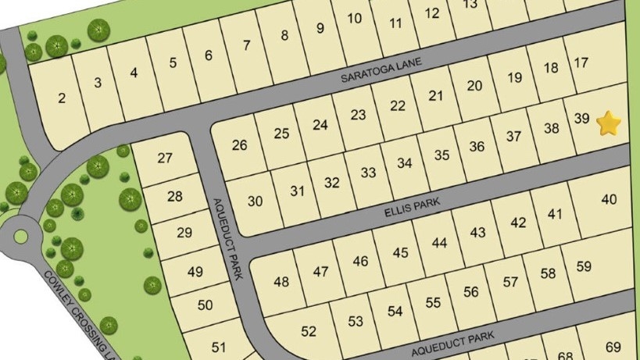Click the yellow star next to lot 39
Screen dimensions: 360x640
pos(609,123)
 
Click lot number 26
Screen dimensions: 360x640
pos(239,144)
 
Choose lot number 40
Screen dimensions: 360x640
pos(609,199)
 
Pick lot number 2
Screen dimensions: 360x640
pos(62,98)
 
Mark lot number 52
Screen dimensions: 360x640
pos(309,331)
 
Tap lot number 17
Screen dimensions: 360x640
pos(581,62)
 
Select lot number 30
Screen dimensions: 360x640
pos(255,201)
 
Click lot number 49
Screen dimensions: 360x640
pos(195,271)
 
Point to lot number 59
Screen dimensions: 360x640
pos(584,266)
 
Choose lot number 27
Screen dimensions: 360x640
pos(164,158)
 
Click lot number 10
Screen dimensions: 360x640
pos(355,18)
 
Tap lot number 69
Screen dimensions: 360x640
pos(613,346)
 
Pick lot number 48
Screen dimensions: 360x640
pos(281,281)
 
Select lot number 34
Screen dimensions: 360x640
pos(404,163)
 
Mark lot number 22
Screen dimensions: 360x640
pos(398,105)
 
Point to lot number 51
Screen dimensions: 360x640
pos(219,348)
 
